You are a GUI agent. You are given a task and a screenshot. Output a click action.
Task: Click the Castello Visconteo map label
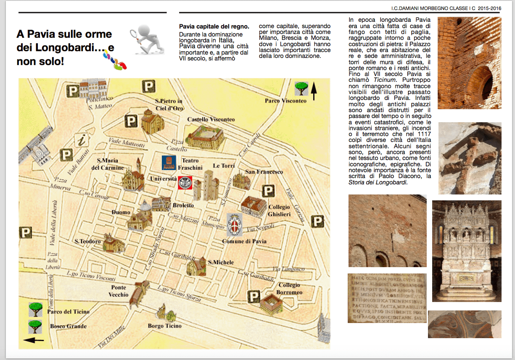pos(211,120)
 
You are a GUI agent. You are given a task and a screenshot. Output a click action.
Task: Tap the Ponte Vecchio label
pos(119,291)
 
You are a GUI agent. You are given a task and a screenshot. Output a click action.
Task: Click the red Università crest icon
pos(185,183)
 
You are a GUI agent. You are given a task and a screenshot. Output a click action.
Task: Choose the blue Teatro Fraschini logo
pos(169,163)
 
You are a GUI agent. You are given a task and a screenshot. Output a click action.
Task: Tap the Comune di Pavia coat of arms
pos(234,225)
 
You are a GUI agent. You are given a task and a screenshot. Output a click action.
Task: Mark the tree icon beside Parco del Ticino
pos(35,310)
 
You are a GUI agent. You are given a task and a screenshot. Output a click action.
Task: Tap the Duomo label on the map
pos(121,213)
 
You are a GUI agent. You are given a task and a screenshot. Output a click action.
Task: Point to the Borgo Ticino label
pos(165,326)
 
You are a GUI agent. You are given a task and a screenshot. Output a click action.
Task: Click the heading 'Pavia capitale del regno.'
pos(214,26)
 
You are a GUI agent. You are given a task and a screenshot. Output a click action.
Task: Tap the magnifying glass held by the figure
pos(135,33)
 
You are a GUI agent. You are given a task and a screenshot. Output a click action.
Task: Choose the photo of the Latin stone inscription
pos(387,298)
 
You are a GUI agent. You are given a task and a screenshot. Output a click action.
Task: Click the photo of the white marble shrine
pos(467,251)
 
